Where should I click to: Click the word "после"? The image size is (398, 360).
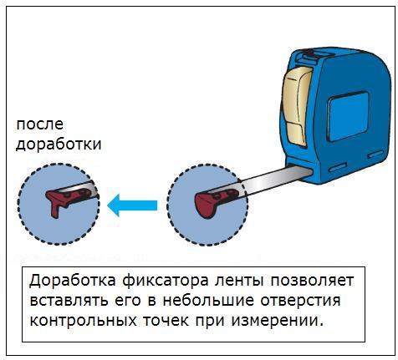[x=40, y=125]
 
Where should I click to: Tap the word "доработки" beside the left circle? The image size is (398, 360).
[x=59, y=145]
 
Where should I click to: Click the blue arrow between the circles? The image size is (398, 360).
[x=132, y=205]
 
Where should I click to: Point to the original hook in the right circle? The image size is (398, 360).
[x=215, y=202]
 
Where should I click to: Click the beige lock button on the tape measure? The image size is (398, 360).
[x=297, y=107]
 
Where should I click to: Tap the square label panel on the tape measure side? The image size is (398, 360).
[x=349, y=116]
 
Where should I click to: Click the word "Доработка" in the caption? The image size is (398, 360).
[x=73, y=281]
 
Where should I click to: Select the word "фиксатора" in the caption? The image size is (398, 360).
[x=166, y=281]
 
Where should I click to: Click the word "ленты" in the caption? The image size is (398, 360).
[x=240, y=281]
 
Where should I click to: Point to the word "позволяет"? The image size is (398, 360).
[x=312, y=281]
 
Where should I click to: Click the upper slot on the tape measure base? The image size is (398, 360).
[x=375, y=155]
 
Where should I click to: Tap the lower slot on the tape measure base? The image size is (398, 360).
[x=338, y=167]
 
